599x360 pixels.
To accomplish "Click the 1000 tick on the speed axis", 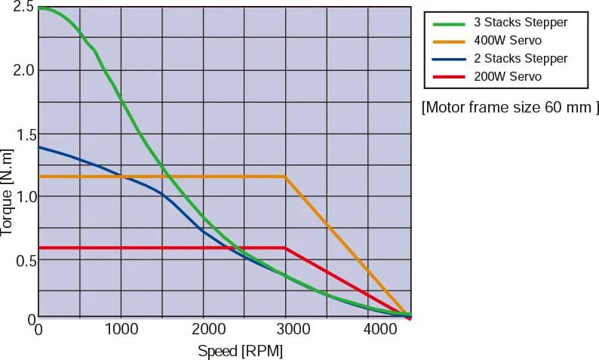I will [121, 330].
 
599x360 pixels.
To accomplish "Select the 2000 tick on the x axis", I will [203, 330].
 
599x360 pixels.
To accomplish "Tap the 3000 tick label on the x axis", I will [284, 330].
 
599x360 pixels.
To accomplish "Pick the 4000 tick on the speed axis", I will [367, 330].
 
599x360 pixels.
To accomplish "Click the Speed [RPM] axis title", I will [240, 351].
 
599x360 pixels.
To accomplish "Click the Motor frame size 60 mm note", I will [510, 107].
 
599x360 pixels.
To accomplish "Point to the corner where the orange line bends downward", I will [285, 177].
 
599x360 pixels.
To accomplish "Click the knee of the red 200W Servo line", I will [285, 248].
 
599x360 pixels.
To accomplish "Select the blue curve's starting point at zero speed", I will [39, 147].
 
